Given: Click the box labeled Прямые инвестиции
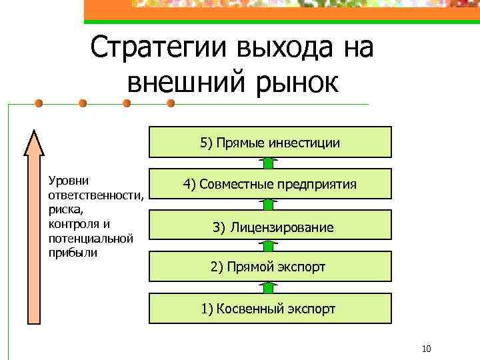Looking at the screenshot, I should tap(269, 143).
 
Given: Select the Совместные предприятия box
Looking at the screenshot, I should tap(269, 184).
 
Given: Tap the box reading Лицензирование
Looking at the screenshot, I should tap(269, 227).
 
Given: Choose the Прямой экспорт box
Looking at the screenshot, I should tap(269, 267).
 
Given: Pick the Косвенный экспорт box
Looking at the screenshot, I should tap(269, 309).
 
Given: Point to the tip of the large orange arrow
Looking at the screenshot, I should tap(33, 133).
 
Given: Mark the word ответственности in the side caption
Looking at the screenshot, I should tap(91, 195).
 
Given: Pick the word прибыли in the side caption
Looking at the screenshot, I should tap(72, 253).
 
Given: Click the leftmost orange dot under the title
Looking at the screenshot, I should tap(39, 103).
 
